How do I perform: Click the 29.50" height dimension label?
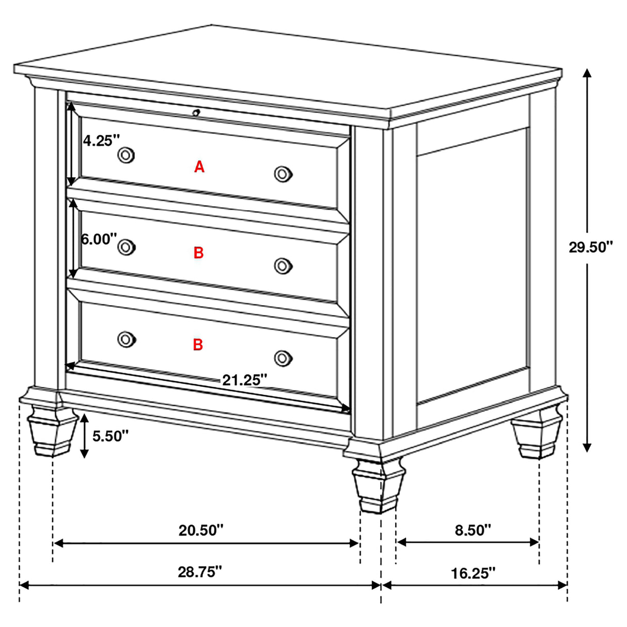click(x=590, y=247)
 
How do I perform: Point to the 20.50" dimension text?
click(x=201, y=530)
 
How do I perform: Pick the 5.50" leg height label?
click(x=110, y=436)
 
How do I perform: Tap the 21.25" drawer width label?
click(x=244, y=381)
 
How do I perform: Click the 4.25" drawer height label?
click(x=102, y=140)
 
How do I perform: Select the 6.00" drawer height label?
click(x=99, y=239)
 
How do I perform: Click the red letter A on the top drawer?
click(x=199, y=167)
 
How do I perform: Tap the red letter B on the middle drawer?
click(x=199, y=253)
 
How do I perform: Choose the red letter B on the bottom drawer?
click(x=198, y=344)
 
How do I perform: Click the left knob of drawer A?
click(x=126, y=154)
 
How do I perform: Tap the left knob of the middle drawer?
click(x=126, y=247)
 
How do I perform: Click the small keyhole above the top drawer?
click(x=196, y=112)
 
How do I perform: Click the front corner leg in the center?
click(x=378, y=485)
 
